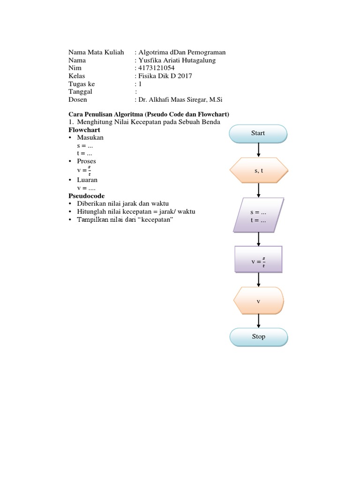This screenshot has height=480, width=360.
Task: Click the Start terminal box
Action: pyautogui.click(x=258, y=133)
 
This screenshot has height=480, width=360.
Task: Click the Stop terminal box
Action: pyautogui.click(x=258, y=337)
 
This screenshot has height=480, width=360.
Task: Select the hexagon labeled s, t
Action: pyautogui.click(x=258, y=171)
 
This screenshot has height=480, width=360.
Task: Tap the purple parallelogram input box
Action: pyautogui.click(x=258, y=215)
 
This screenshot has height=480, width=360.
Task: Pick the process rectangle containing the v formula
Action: pyautogui.click(x=258, y=259)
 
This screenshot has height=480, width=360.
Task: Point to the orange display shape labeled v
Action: pyautogui.click(x=258, y=300)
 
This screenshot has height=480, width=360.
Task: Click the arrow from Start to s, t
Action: pyautogui.click(x=258, y=150)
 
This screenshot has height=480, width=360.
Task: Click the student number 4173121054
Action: pyautogui.click(x=156, y=68)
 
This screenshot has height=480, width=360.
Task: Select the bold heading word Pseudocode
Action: pyautogui.click(x=87, y=195)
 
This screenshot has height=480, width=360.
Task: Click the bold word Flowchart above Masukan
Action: pyautogui.click(x=84, y=129)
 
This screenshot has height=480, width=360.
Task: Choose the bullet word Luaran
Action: pyautogui.click(x=88, y=180)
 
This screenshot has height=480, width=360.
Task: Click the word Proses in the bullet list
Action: pyautogui.click(x=87, y=161)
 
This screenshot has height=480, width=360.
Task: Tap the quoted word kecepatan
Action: pyautogui.click(x=152, y=220)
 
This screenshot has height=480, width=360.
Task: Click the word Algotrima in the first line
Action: pyautogui.click(x=152, y=52)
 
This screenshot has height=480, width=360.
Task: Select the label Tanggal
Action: pyautogui.click(x=80, y=92)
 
